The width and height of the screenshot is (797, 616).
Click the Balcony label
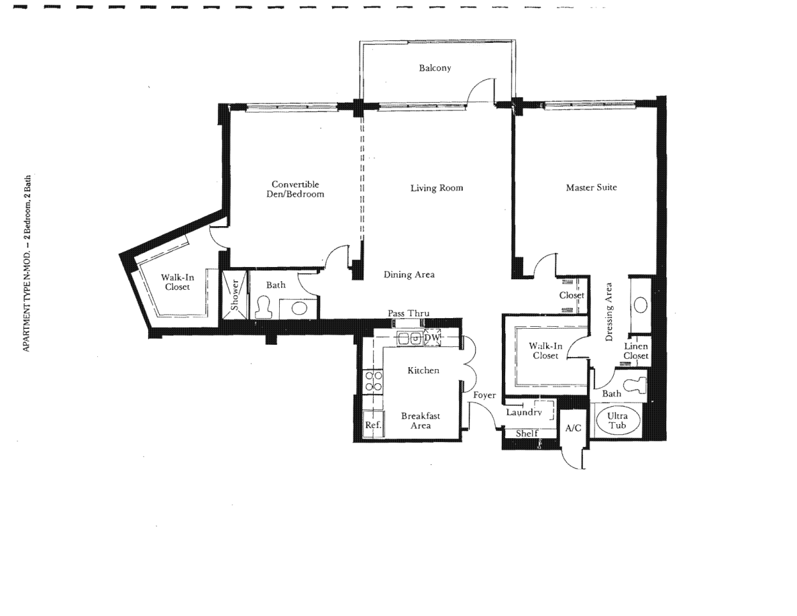click(x=435, y=68)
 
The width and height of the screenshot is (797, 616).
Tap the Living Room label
click(x=437, y=188)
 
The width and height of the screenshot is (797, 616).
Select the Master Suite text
click(x=591, y=187)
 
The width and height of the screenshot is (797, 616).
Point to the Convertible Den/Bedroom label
click(x=295, y=189)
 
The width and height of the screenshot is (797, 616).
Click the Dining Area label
click(x=409, y=274)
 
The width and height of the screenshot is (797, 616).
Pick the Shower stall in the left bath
click(x=235, y=295)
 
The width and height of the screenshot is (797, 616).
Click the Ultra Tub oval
click(x=617, y=420)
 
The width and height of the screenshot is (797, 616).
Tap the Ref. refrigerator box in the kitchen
click(x=373, y=424)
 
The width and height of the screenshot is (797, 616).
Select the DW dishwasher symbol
click(x=432, y=338)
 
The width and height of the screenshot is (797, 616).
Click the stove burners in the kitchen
click(x=374, y=381)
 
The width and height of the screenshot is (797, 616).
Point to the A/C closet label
click(x=574, y=428)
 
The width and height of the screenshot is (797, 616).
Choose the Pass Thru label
click(x=409, y=313)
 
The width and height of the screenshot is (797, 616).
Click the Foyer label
click(x=484, y=395)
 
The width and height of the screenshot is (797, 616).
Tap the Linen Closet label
click(x=636, y=351)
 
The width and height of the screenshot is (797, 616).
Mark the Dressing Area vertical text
click(x=609, y=312)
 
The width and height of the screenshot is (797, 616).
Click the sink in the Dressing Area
click(x=641, y=305)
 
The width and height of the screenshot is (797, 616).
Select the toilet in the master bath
click(x=635, y=384)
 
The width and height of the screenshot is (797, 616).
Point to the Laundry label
click(x=523, y=412)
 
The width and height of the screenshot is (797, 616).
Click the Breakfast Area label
click(x=421, y=421)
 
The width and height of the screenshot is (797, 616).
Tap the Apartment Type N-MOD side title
click(x=27, y=263)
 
